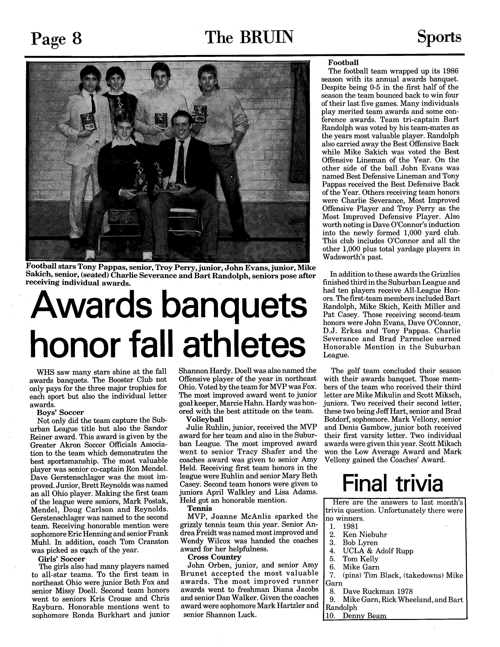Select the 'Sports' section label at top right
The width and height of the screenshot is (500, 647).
439,37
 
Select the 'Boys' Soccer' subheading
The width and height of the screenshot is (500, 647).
60,412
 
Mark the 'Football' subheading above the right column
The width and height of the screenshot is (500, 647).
343,63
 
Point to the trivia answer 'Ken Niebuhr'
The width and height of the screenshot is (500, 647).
365,534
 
